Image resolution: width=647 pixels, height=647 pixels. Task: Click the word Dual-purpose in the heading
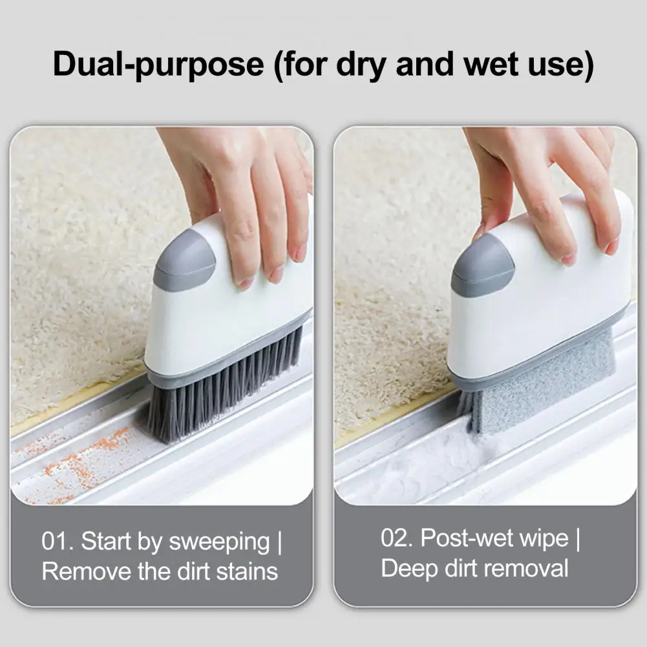pyautogui.click(x=158, y=65)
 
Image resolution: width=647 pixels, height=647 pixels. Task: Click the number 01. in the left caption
pyautogui.click(x=58, y=541)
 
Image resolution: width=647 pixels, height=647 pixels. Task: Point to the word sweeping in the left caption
pyautogui.click(x=220, y=542)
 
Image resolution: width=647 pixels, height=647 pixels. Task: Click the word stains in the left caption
pyautogui.click(x=247, y=571)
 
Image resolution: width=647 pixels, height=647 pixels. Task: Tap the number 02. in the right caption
pyautogui.click(x=397, y=538)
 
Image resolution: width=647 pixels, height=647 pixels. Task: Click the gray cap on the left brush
pyautogui.click(x=184, y=260)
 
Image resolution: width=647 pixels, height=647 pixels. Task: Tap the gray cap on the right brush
pyautogui.click(x=482, y=265)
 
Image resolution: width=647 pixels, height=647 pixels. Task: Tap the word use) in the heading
pyautogui.click(x=561, y=65)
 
